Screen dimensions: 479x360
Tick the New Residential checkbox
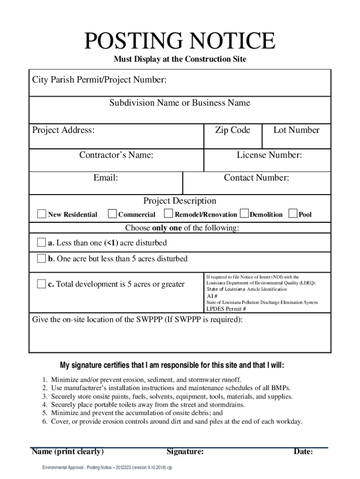pyautogui.click(x=42, y=214)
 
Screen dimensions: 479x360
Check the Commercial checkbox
pyautogui.click(x=112, y=214)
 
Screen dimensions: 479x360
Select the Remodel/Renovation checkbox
pyautogui.click(x=169, y=214)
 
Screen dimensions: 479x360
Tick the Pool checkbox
pyautogui.click(x=293, y=214)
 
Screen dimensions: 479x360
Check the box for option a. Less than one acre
pyautogui.click(x=42, y=243)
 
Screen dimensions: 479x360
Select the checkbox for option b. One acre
pyautogui.click(x=42, y=258)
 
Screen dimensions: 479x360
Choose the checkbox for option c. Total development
pyautogui.click(x=42, y=284)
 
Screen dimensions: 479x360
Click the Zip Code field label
pyautogui.click(x=232, y=131)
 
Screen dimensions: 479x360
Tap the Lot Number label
pyautogui.click(x=296, y=131)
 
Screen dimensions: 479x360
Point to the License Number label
pyautogui.click(x=269, y=155)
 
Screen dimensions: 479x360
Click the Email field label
pyautogui.click(x=106, y=178)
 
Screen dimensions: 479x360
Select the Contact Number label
pyautogui.click(x=256, y=178)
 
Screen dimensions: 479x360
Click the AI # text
pyautogui.click(x=212, y=296)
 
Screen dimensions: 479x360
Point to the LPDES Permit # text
pyautogui.click(x=226, y=309)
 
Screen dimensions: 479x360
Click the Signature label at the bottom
pyautogui.click(x=185, y=452)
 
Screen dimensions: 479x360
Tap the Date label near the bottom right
pyautogui.click(x=303, y=452)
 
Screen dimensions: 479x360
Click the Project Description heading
pyautogui.click(x=180, y=201)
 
